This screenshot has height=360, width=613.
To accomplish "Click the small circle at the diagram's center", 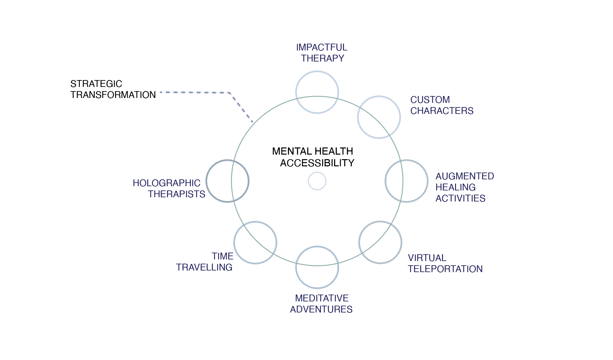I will tap(317, 181).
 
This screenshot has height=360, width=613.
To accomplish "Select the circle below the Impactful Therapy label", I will tap(317, 92).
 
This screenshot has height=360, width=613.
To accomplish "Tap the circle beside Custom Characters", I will tap(379, 117).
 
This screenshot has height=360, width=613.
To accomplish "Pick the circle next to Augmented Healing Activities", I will tap(406, 181).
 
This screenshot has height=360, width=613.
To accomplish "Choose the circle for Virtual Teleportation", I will tap(380, 242).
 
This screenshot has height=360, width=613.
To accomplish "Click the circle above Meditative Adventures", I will tap(317, 267).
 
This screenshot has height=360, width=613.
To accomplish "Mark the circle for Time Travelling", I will tap(255, 243).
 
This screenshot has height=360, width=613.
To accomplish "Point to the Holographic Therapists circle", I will tap(227, 181).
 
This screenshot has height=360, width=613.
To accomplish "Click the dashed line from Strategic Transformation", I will tap(195, 92).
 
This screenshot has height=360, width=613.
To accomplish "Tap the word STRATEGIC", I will tap(96, 84).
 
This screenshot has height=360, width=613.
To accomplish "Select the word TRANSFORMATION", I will tap(113, 95).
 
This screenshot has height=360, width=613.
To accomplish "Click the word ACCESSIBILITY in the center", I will tap(317, 163).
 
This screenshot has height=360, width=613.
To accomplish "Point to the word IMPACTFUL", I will tap(321, 48).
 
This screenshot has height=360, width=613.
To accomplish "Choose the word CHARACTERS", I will tap(442, 111).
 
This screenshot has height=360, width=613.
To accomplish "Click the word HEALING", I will tap(455, 187).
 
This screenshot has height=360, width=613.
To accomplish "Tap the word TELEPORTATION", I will tap(445, 269).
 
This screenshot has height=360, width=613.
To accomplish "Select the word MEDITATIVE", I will tap(321, 298).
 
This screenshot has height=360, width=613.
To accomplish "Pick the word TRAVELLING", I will tap(204, 268).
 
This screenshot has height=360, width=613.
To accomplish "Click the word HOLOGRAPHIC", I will tap(166, 183).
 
